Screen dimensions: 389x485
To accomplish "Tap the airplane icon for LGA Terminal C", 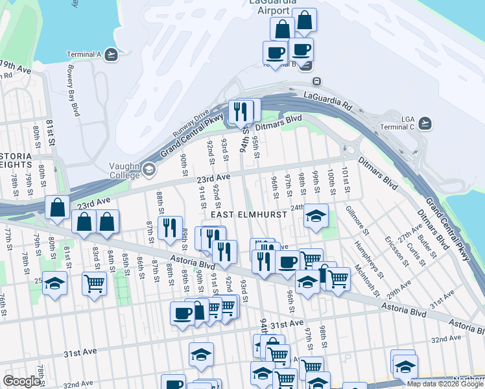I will pyautogui.click(x=425, y=123).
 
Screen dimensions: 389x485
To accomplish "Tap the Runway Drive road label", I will pyautogui.click(x=191, y=122).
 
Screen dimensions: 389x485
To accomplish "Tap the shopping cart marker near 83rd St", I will pyautogui.click(x=95, y=283).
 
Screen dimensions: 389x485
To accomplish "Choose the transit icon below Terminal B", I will pyautogui.click(x=316, y=82).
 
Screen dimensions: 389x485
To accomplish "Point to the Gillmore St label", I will pyautogui.click(x=357, y=221).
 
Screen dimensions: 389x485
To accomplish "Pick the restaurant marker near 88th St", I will pyautogui.click(x=169, y=228).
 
